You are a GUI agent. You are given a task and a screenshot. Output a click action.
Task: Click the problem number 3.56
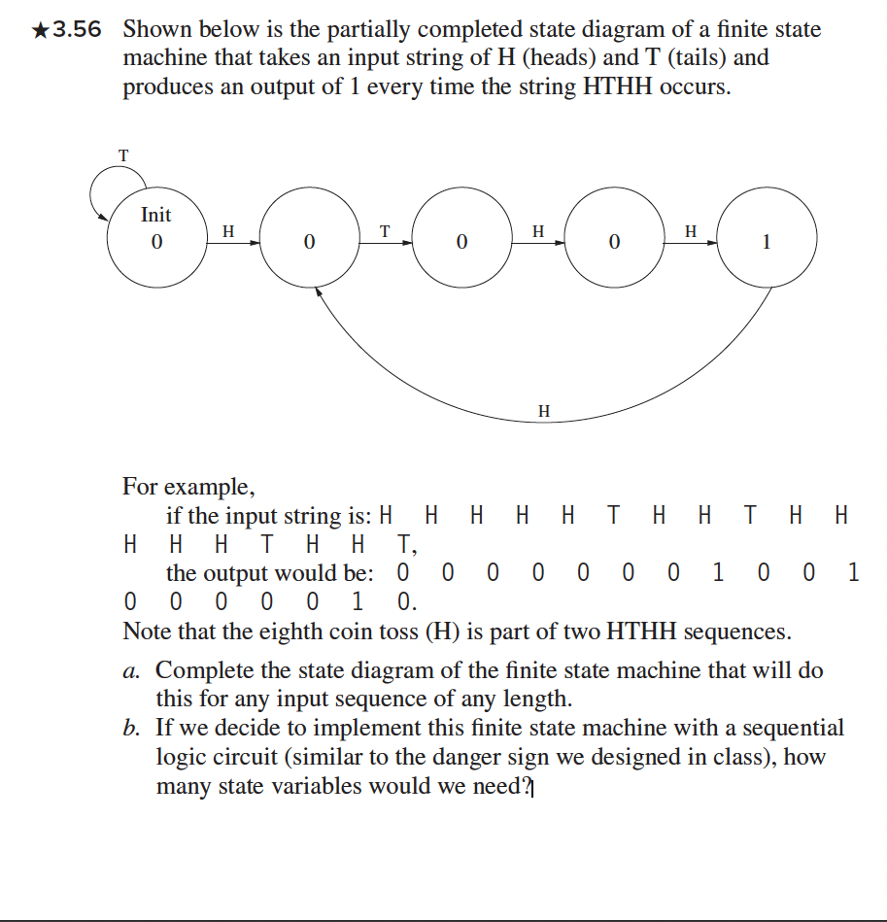tap(78, 30)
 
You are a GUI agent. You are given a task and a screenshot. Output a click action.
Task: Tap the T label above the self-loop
tap(123, 154)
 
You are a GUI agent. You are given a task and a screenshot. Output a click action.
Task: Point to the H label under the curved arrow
tap(543, 412)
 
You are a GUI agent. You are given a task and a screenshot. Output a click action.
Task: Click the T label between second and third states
tap(384, 231)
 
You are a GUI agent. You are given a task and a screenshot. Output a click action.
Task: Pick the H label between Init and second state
tap(228, 231)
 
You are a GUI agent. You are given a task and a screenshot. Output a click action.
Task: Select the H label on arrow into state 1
tap(690, 231)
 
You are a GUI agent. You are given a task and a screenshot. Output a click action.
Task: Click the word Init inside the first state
tap(155, 215)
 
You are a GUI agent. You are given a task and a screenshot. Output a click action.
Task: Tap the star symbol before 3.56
tap(40, 30)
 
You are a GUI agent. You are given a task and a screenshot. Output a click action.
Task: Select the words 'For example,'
tap(188, 486)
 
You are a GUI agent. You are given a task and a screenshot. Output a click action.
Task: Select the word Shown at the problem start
tap(154, 29)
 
